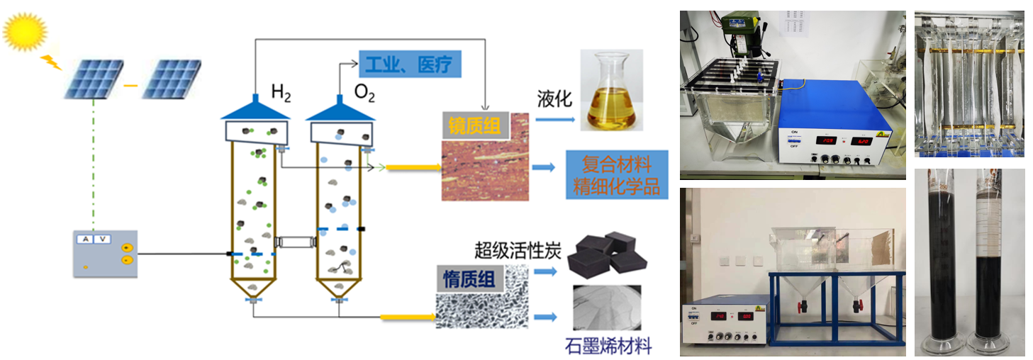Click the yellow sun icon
(25, 32)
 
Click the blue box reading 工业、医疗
(411, 64)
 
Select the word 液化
(555, 100)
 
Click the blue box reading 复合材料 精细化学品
(616, 176)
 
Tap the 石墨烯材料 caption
(608, 347)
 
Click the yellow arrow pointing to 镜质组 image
(411, 167)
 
